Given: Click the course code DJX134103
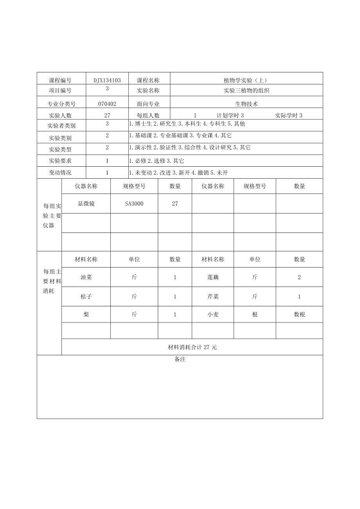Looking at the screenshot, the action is coord(107,80).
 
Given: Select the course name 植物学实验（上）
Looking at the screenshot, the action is coord(245,80).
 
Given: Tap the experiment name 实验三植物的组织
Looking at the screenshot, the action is coord(247,90).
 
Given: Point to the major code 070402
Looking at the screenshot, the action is coord(107,104).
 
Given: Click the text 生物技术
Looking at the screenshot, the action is coord(247,104).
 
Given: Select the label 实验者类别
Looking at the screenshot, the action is coord(61,126).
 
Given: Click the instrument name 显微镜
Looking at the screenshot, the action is coord(86,203).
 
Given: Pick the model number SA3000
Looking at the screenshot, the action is coord(134,204).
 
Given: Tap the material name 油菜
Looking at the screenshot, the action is coord(86,277).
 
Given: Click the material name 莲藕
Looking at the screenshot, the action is coord(213,277).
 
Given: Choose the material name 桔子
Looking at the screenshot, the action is coord(86,297).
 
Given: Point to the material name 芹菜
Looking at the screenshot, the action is coord(213,297).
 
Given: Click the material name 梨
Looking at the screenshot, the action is coord(86,314).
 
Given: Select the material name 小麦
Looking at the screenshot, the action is coord(213,314).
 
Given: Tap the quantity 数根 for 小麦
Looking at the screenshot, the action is coord(299,314).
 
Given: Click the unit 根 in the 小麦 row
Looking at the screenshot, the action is coord(255,314).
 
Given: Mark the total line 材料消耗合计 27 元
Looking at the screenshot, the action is coord(192,347).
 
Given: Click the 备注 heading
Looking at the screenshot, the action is coord(180,359).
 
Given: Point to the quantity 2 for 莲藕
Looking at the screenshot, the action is coord(299,277).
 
